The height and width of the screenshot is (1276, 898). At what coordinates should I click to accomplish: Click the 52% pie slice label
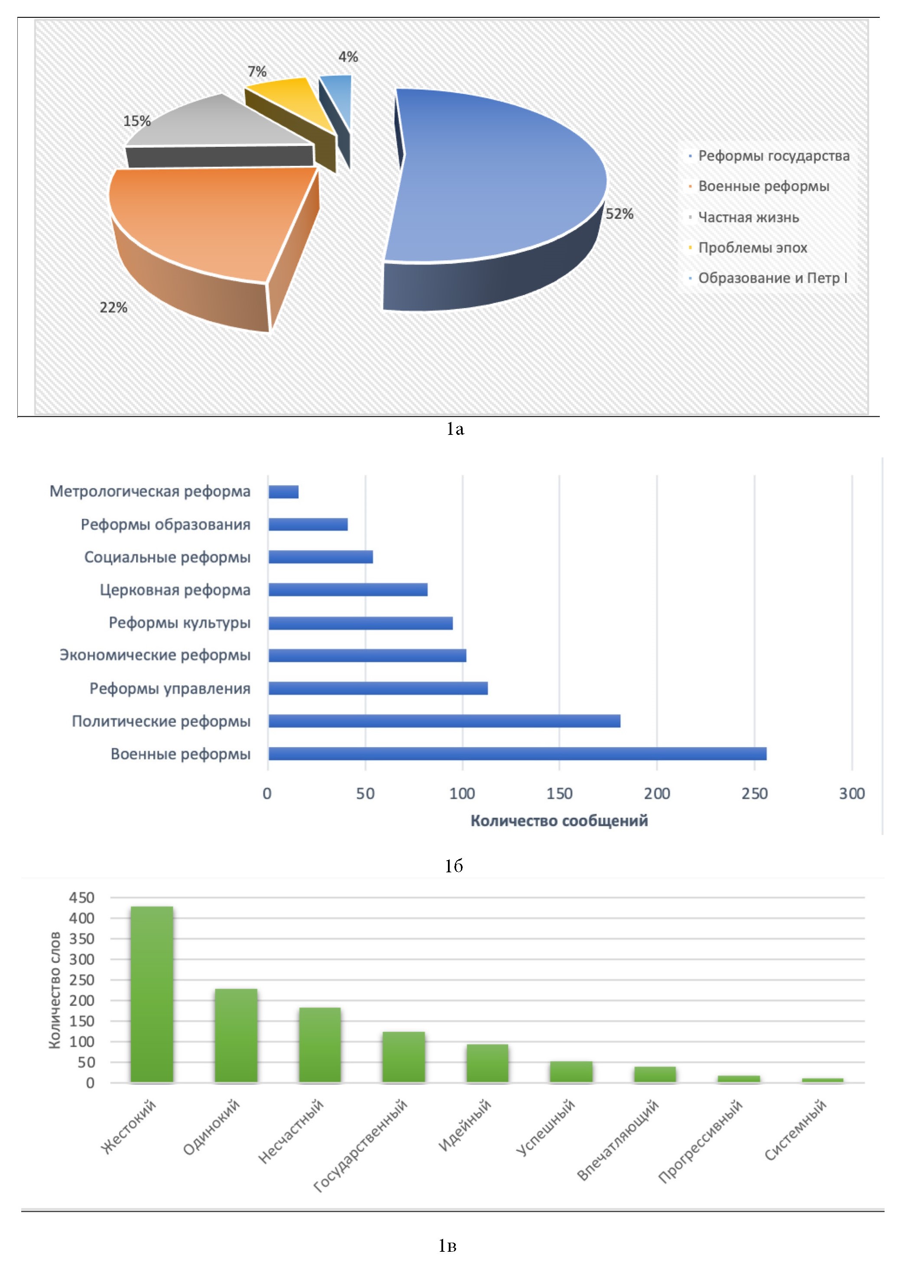click(619, 214)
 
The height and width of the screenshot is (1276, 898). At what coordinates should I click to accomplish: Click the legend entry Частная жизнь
click(748, 217)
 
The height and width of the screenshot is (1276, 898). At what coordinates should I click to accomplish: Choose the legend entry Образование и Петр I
click(772, 278)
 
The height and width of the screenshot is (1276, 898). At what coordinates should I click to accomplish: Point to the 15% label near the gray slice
click(137, 121)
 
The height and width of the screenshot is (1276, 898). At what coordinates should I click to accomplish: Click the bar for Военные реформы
click(517, 754)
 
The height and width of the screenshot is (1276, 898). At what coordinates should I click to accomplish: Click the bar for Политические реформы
click(444, 721)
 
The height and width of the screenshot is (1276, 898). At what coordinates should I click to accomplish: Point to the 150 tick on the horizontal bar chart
click(559, 793)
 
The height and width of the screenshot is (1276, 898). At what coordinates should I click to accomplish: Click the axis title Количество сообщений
click(559, 821)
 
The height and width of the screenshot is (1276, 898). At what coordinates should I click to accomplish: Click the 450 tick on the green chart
click(82, 897)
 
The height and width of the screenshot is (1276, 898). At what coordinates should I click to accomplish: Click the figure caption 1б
click(454, 866)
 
